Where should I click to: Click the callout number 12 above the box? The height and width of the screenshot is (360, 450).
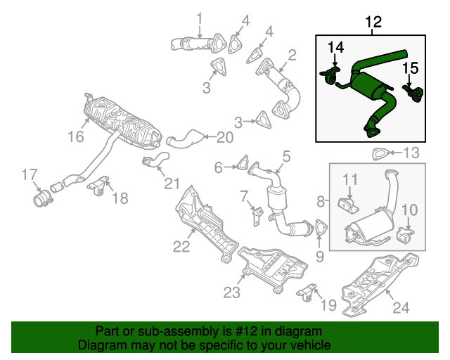coord(373,23)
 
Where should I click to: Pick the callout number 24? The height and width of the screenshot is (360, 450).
coord(400,307)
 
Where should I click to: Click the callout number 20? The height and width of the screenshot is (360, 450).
coord(224,137)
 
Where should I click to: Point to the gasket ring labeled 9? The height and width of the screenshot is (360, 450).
coord(321,229)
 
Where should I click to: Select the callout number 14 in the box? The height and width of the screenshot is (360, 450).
coord(336,48)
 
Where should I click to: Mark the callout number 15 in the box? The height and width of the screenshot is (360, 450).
coord(410,68)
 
